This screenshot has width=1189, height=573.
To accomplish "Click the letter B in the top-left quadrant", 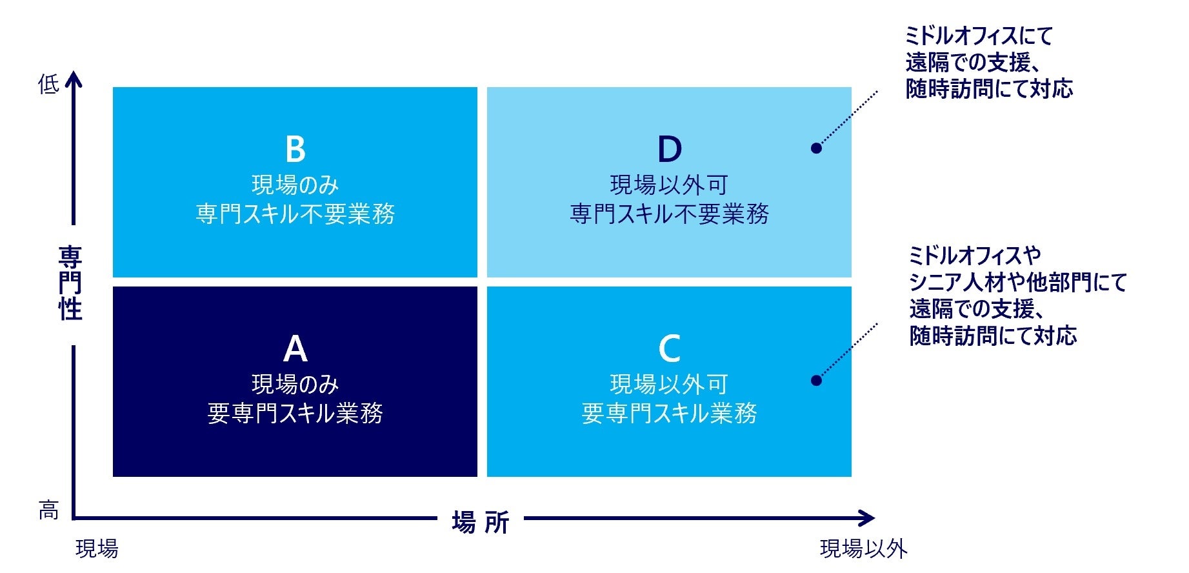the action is [295, 149].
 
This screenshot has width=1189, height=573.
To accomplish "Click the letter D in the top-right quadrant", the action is [669, 149].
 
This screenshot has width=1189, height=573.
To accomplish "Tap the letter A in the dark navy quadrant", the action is [295, 348].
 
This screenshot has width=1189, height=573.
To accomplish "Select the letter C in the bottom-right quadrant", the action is [669, 348].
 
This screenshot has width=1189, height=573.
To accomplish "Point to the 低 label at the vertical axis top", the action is [48, 84].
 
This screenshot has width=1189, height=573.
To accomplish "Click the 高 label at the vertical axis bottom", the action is [48, 510].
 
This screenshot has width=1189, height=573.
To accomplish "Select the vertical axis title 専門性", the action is [70, 283].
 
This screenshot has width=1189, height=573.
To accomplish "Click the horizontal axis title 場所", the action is [481, 521].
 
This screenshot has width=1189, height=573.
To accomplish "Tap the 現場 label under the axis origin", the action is [97, 548].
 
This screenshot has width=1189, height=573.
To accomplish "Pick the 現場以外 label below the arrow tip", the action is [863, 548].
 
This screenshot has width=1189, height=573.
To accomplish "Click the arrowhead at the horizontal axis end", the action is [868, 518].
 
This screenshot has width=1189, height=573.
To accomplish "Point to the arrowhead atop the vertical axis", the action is [74, 79].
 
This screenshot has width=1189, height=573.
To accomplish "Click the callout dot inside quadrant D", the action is [816, 148].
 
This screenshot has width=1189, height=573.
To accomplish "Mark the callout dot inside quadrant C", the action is [816, 380].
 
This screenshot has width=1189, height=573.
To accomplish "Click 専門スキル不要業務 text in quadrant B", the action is [295, 214].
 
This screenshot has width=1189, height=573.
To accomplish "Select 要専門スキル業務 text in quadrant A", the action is [295, 413].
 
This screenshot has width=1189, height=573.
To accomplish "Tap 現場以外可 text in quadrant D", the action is [669, 185].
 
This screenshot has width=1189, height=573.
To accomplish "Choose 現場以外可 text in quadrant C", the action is [669, 385].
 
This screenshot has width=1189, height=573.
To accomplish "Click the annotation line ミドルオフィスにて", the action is [978, 36].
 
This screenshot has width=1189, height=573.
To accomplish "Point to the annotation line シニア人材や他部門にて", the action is [1017, 283].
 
